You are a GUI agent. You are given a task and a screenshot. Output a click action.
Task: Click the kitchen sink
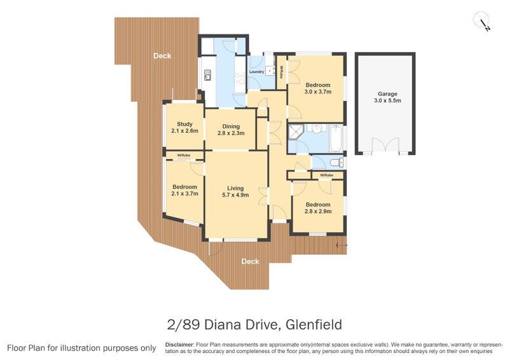tap(207, 78)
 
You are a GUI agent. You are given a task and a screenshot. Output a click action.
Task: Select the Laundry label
tap(256, 72)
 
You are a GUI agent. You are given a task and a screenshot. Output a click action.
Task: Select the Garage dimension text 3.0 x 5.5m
tap(387, 100)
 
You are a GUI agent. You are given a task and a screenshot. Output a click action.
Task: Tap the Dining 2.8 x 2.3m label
tap(230, 130)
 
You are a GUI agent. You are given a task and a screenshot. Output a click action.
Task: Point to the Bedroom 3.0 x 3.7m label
tap(317, 88)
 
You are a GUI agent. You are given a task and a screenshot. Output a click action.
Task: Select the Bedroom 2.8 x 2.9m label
tap(317, 208)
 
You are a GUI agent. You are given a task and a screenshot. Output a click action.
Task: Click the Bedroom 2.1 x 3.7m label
tap(185, 190)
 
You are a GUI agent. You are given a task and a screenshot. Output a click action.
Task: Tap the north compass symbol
tap(484, 22)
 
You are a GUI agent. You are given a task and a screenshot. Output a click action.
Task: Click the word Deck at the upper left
tap(162, 56)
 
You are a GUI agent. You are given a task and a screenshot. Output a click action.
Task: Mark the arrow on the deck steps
tap(342, 244)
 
